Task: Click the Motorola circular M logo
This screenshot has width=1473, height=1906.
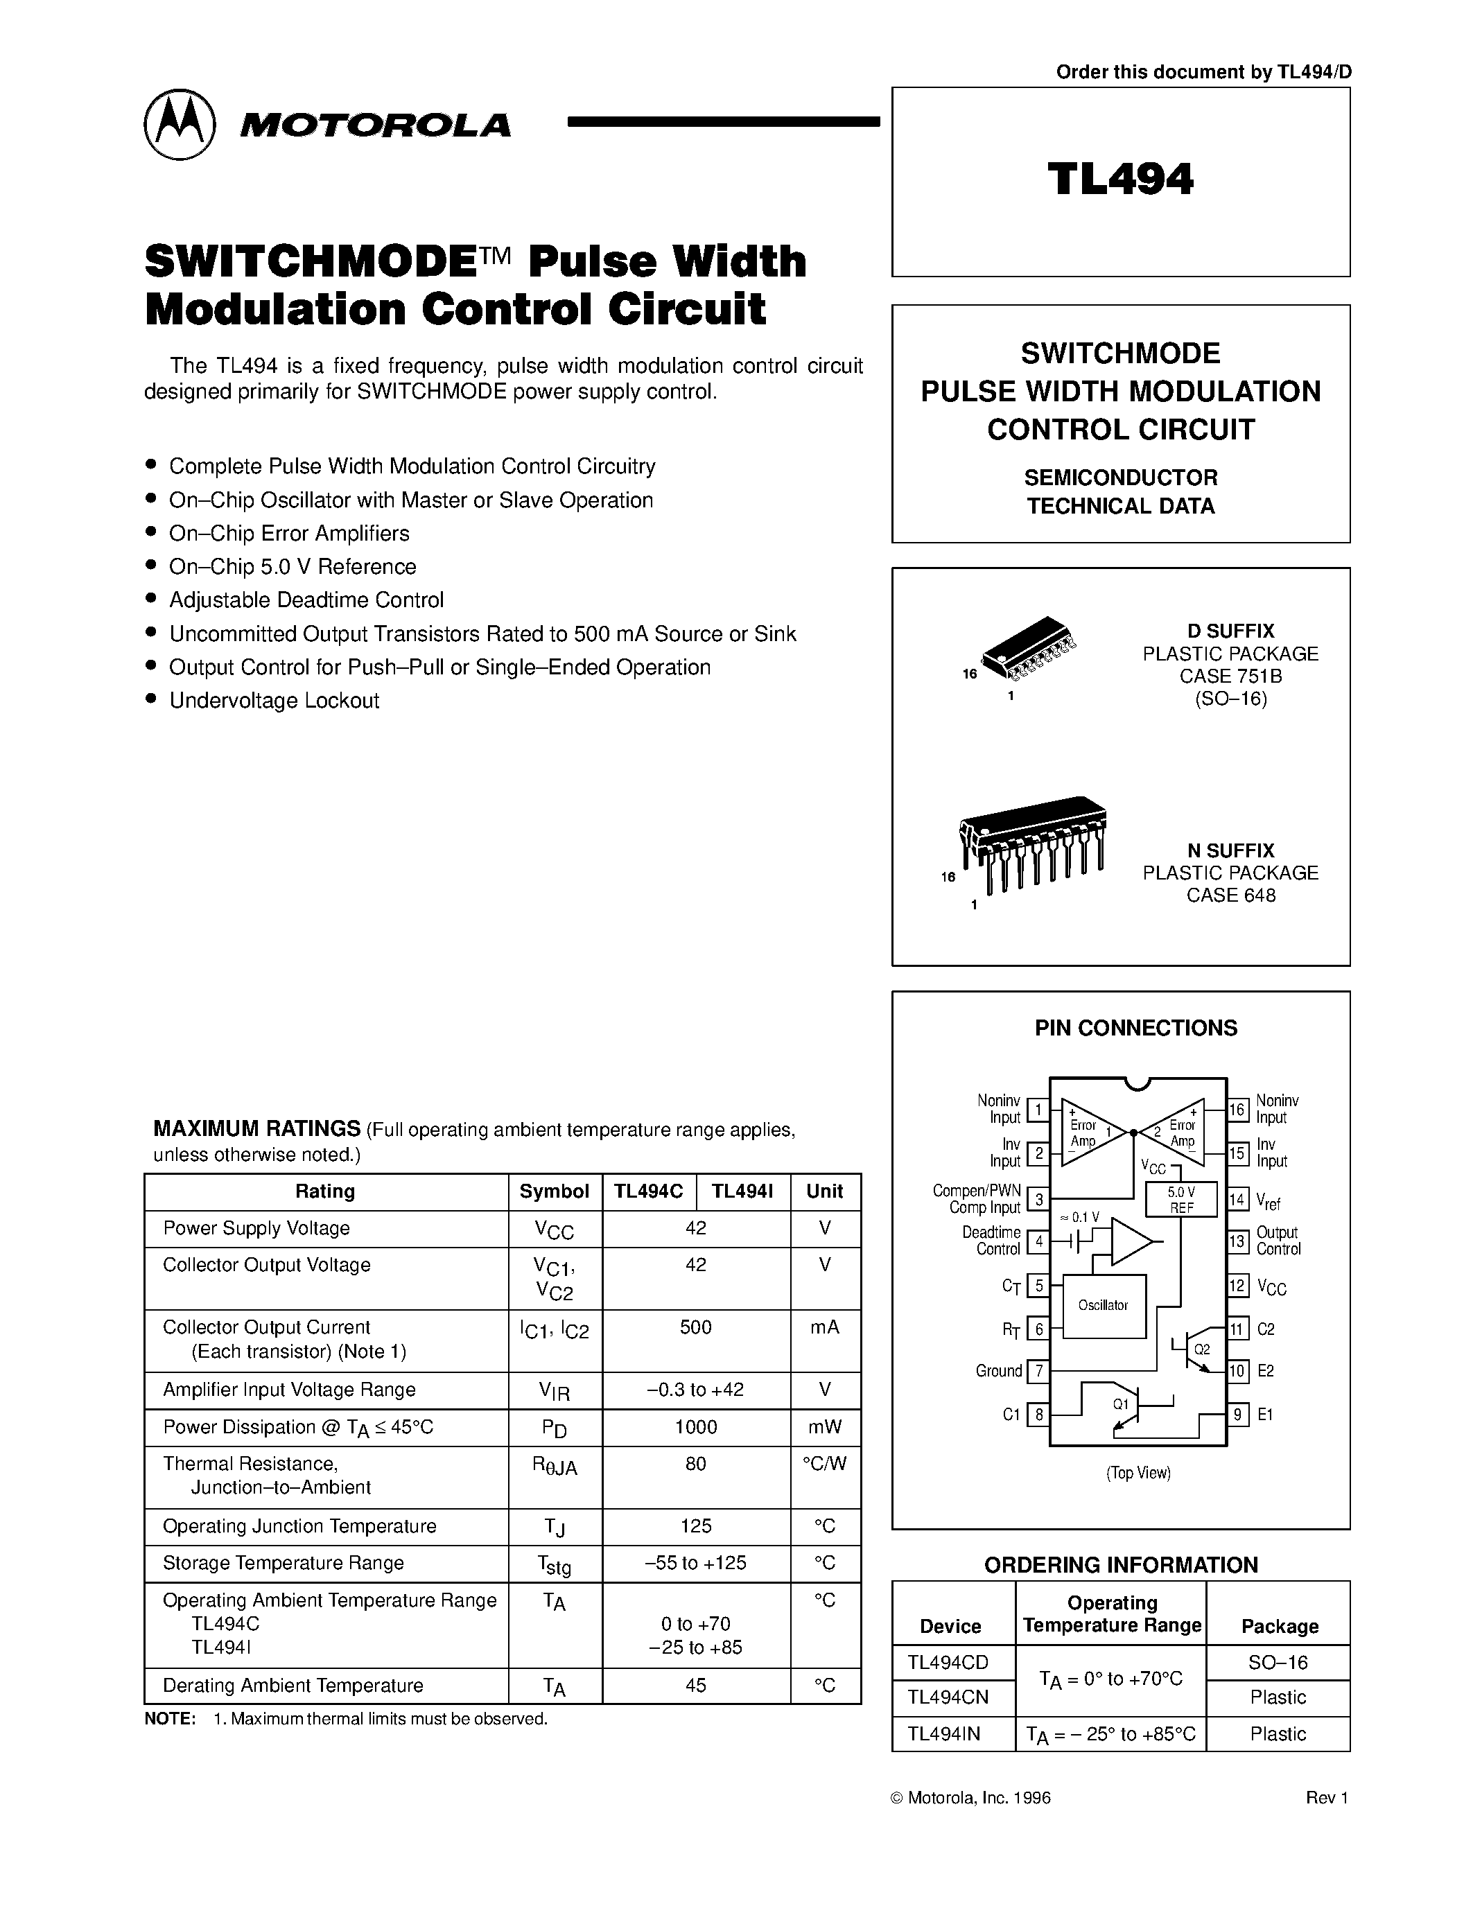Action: point(179,124)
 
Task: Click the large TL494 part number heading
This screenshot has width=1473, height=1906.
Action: point(1120,180)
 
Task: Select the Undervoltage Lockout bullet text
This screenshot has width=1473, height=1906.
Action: point(274,701)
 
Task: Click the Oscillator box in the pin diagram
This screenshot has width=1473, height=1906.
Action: point(1103,1306)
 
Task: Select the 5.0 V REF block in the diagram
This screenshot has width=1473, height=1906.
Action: point(1180,1200)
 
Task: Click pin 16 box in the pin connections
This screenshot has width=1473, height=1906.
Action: point(1237,1110)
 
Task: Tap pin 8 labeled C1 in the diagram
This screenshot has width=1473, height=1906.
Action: point(1038,1415)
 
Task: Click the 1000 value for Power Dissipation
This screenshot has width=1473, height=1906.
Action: point(695,1427)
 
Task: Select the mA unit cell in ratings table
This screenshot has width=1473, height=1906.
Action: point(825,1327)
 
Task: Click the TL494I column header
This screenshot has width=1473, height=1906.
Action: point(742,1191)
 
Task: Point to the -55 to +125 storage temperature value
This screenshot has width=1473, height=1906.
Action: point(695,1563)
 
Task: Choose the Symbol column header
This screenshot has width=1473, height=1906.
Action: point(554,1191)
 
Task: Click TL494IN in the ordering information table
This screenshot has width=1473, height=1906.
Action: point(943,1734)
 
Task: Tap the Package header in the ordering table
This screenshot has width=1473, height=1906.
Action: point(1278,1626)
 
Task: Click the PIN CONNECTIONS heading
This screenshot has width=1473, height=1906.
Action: point(1135,1028)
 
